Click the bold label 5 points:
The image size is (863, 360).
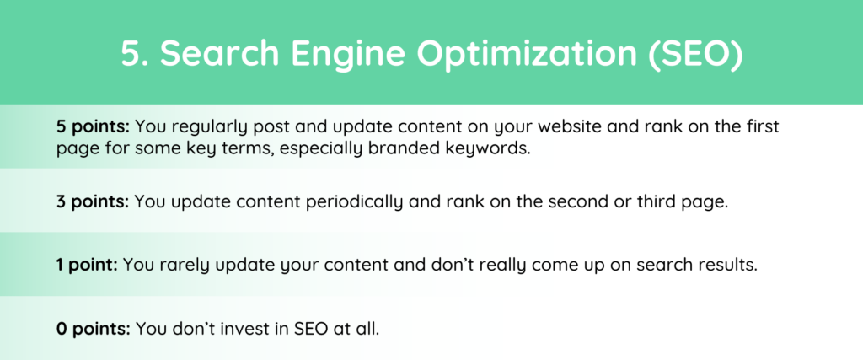(93, 127)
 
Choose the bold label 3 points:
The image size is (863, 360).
(93, 202)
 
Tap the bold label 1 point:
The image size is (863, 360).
(87, 266)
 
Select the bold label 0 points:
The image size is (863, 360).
(93, 330)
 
